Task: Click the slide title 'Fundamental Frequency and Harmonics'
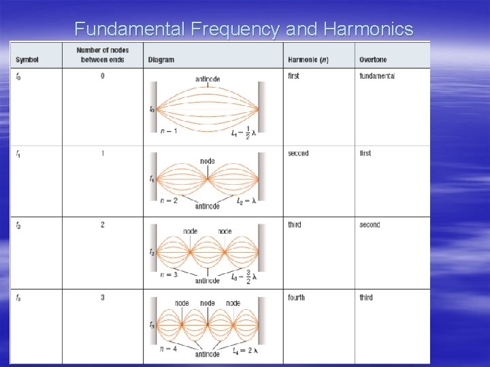[x=244, y=29]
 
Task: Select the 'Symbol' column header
[x=27, y=60]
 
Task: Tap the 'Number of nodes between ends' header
[x=103, y=55]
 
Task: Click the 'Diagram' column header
[x=161, y=60]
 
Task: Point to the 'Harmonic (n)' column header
[x=308, y=60]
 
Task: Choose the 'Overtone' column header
[x=373, y=60]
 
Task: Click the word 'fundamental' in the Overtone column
[x=377, y=76]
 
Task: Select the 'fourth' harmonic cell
[x=296, y=298]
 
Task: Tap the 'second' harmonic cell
[x=298, y=154]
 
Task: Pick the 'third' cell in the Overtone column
[x=366, y=298]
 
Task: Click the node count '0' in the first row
[x=103, y=76]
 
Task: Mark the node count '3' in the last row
[x=103, y=298]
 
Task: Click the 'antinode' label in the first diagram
[x=208, y=80]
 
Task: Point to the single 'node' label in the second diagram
[x=208, y=161]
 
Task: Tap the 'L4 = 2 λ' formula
[x=245, y=351]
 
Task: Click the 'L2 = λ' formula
[x=246, y=201]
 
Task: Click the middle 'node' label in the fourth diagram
[x=208, y=303]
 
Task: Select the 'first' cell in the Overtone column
[x=365, y=154]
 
